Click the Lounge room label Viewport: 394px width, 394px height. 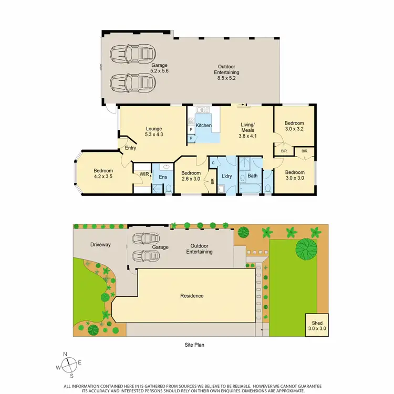point(154,131)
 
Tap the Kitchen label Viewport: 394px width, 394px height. point(203,126)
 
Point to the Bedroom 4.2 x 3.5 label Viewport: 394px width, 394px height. point(102,173)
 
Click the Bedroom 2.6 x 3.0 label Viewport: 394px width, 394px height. point(191,176)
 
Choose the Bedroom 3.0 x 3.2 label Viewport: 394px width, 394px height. point(295,125)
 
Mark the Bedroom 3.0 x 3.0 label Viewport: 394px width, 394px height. point(295,175)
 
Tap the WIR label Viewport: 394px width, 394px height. point(143,174)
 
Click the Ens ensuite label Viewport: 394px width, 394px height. point(162,178)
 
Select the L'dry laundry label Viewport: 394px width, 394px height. point(227,175)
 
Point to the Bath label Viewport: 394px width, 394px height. point(253,175)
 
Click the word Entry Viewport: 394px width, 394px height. point(130,148)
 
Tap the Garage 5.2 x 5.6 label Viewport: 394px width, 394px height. point(130,68)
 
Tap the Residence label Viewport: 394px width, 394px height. point(192,296)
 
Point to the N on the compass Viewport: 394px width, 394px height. point(65,354)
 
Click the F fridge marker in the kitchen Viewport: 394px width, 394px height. point(191,129)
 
